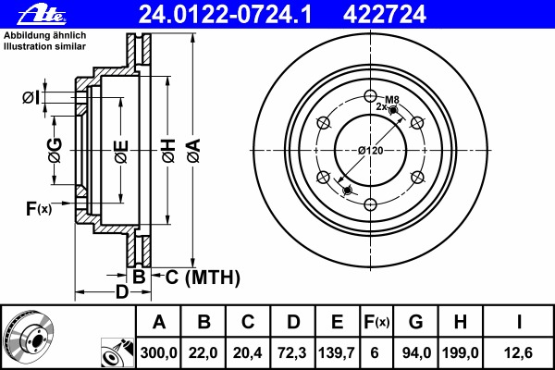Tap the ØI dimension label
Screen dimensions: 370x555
pyautogui.click(x=31, y=97)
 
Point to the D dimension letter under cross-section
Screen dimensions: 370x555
pyautogui.click(x=120, y=293)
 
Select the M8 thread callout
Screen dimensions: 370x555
pyautogui.click(x=391, y=99)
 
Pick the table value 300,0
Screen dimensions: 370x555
pyautogui.click(x=159, y=352)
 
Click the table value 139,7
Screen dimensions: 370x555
pyautogui.click(x=337, y=352)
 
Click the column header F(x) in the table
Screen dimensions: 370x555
pyautogui.click(x=376, y=323)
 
